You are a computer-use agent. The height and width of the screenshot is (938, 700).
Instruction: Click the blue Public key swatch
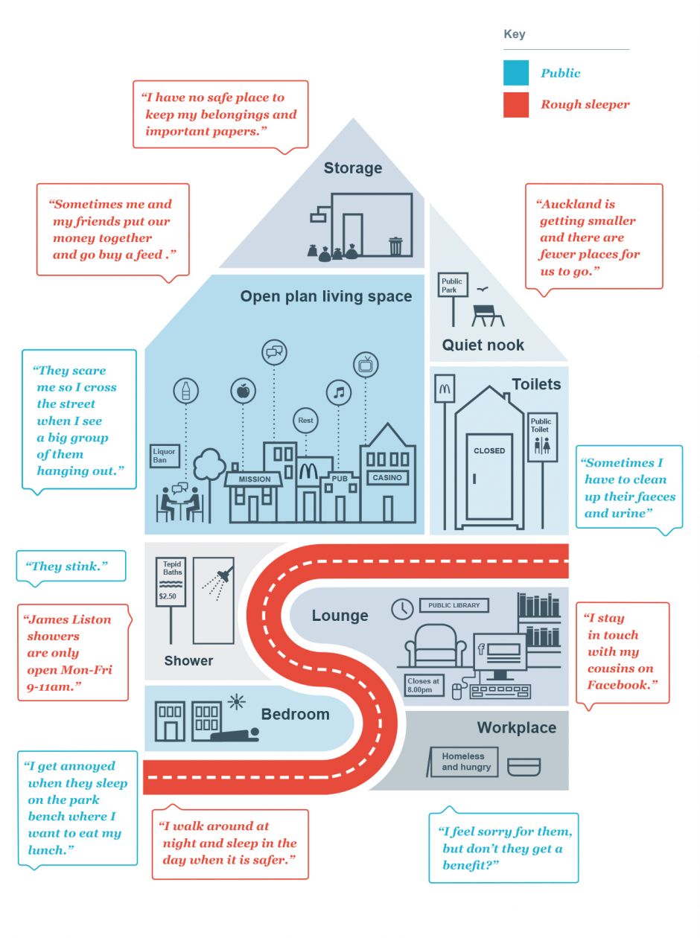click(516, 73)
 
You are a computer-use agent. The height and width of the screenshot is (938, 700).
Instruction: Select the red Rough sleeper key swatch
click(516, 104)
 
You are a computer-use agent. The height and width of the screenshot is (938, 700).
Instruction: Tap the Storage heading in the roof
click(352, 168)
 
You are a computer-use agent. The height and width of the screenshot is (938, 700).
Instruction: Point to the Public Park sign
click(453, 285)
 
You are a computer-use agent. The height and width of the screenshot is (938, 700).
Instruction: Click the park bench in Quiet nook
click(488, 314)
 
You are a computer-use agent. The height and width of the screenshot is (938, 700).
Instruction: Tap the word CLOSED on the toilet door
click(489, 451)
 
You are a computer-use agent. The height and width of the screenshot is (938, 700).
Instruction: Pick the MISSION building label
click(254, 479)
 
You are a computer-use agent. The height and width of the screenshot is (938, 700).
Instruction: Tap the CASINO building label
click(387, 477)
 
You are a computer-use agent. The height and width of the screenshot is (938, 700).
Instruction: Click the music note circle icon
click(339, 392)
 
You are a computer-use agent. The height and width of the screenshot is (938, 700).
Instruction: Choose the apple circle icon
click(243, 389)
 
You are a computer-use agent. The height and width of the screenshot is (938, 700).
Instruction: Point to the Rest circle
click(305, 421)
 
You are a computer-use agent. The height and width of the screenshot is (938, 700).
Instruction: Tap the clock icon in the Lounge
click(402, 608)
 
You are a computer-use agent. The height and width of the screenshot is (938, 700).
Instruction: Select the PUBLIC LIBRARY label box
click(454, 605)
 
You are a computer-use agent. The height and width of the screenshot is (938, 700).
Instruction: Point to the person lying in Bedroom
click(235, 735)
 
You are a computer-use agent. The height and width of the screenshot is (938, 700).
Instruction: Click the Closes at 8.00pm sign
click(424, 685)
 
